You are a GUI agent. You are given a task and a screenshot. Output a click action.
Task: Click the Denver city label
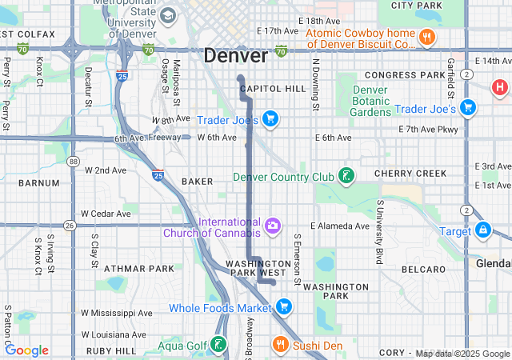pos(235,56)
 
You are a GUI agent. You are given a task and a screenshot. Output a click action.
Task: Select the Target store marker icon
pos(482,230)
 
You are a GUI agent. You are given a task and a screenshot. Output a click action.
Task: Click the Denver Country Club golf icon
pos(346,176)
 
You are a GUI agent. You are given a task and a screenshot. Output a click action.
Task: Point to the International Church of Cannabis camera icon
pos(273,226)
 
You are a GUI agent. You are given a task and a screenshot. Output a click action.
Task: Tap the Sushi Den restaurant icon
pos(279,345)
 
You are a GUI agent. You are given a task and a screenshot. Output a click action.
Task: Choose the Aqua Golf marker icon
pos(218,345)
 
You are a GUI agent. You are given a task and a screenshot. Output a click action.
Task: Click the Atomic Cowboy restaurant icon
pos(428,37)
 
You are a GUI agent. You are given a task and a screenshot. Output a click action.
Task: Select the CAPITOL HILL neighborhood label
pos(273,88)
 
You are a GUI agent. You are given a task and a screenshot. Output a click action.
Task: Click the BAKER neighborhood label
pos(197,182)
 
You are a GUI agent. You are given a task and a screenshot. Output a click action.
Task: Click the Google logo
pos(26,350)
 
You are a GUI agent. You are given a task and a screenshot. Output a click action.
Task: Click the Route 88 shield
pos(74,162)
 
